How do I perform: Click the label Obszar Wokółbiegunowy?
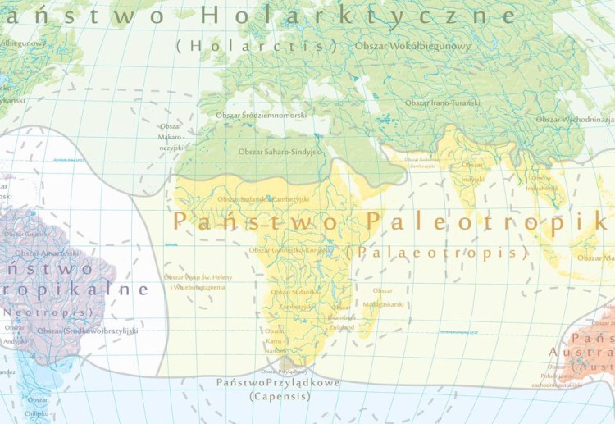click(413, 47)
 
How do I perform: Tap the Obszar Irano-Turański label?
click(443, 103)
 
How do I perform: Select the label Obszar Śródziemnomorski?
click(260, 116)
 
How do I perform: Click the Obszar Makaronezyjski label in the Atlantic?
click(171, 136)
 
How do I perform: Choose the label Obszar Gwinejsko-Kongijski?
click(286, 250)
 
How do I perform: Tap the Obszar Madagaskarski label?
click(389, 297)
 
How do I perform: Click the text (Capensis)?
click(280, 396)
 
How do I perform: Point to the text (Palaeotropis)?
click(436, 253)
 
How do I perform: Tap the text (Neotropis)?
click(36, 312)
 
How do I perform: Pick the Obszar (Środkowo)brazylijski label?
click(88, 331)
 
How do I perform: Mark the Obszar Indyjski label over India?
click(472, 171)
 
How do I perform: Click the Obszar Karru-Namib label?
click(275, 340)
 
